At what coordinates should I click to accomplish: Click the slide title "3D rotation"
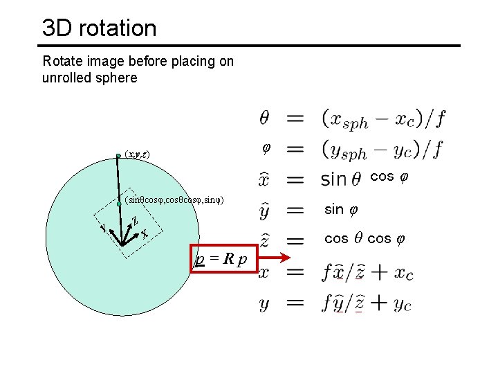tap(99, 28)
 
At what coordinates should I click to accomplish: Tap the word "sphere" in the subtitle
tap(116, 78)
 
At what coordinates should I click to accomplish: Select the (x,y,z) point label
tap(137, 154)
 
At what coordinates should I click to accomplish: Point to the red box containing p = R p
tap(224, 259)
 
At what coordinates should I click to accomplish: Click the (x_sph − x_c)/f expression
tap(383, 119)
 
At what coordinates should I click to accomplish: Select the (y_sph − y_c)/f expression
tap(383, 149)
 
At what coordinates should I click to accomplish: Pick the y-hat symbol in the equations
tap(264, 210)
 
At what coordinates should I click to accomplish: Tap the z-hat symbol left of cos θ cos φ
tap(264, 240)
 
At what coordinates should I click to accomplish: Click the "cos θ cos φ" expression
tap(367, 239)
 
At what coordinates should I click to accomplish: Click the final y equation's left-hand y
tap(264, 303)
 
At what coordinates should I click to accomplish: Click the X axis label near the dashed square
tap(145, 233)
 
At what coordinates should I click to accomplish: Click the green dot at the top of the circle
tap(119, 156)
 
